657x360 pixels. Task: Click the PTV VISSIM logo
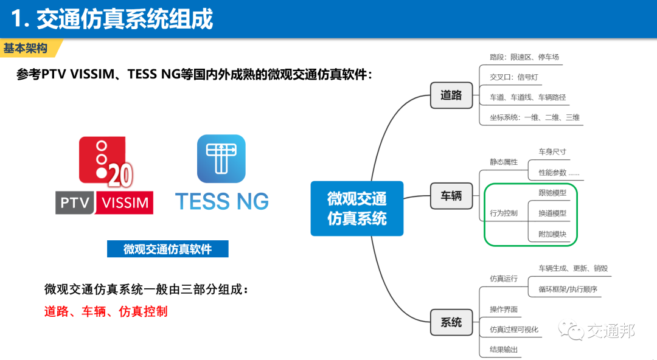tap(104, 176)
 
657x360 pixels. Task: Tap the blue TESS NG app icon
tap(221, 159)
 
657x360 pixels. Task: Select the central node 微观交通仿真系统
tap(357, 208)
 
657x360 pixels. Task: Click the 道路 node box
tap(451, 95)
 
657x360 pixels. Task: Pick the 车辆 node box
tap(451, 196)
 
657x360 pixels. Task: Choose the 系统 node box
tap(451, 322)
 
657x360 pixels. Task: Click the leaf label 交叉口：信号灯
tap(514, 77)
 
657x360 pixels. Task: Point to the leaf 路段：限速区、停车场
tap(524, 57)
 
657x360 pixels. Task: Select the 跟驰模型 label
tap(552, 193)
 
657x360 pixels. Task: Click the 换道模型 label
tap(552, 213)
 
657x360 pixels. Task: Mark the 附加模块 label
tap(552, 234)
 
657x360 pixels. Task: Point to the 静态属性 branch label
tap(504, 162)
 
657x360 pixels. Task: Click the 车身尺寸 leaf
tap(552, 151)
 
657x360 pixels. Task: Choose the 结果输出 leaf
tap(504, 350)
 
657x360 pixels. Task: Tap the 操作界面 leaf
tap(504, 310)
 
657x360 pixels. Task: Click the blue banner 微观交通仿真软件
tap(167, 249)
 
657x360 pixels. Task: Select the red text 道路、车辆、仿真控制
tap(106, 312)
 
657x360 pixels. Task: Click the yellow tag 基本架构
tap(27, 48)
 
